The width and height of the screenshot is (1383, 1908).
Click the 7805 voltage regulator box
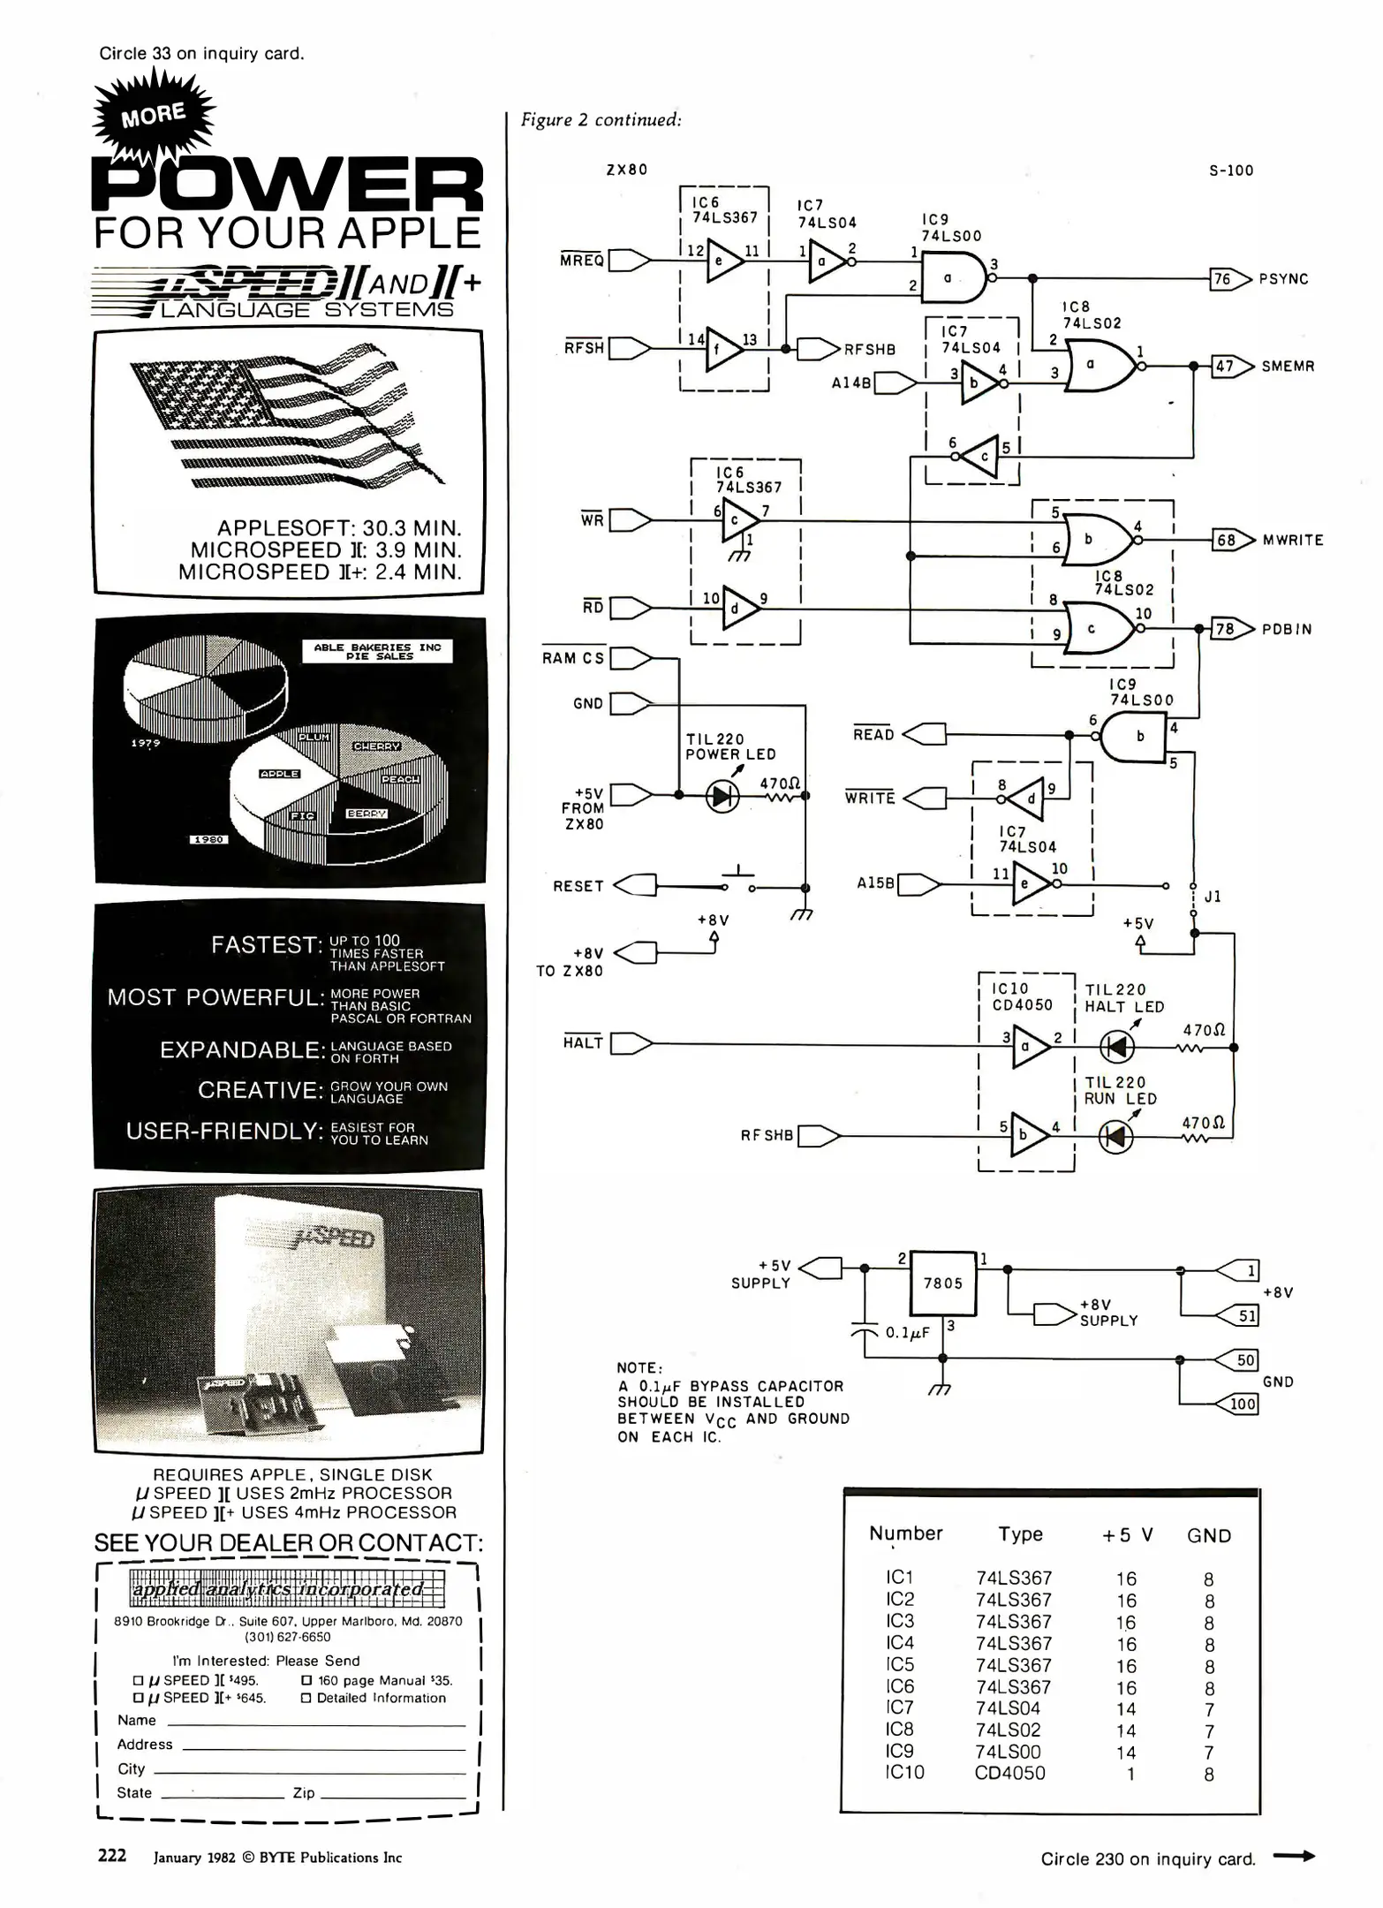point(943,1283)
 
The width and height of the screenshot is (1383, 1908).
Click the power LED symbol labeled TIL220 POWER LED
point(722,797)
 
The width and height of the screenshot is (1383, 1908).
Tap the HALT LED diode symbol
point(1116,1048)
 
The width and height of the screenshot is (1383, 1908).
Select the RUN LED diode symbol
point(1115,1136)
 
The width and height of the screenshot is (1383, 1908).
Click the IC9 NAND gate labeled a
point(952,277)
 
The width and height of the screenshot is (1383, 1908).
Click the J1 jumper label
point(1213,897)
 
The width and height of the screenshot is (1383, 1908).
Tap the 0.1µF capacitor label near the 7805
point(907,1332)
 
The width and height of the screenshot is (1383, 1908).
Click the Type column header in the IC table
point(1020,1534)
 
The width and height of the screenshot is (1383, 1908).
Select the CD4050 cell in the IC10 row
point(1009,1773)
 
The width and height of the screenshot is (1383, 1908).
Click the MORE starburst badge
point(154,115)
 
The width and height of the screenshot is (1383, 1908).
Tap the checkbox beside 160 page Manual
point(306,1680)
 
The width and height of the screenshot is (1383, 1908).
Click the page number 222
point(112,1855)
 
